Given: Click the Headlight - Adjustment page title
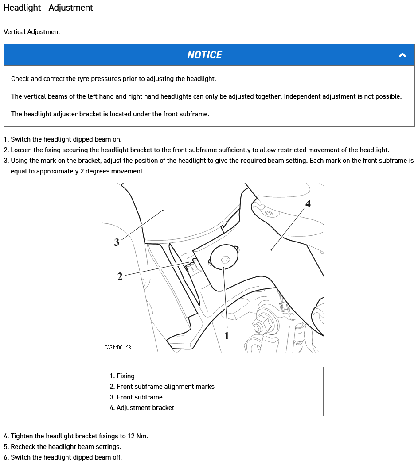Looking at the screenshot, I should pyautogui.click(x=48, y=8).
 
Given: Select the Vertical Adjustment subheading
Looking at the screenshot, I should pyautogui.click(x=32, y=32).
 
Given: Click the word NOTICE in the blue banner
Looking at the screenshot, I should pyautogui.click(x=204, y=55).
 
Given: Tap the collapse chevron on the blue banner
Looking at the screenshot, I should pyautogui.click(x=402, y=55).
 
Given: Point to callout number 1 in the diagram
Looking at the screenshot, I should pyautogui.click(x=227, y=336).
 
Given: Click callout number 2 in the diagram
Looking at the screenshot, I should pyautogui.click(x=120, y=277).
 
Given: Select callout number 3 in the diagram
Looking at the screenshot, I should pyautogui.click(x=117, y=242).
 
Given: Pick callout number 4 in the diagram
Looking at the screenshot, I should pyautogui.click(x=308, y=204).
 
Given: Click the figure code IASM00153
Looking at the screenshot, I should pyautogui.click(x=118, y=347).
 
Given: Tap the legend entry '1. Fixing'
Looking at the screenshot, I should pyautogui.click(x=122, y=376).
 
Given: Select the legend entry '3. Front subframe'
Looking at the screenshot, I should pyautogui.click(x=136, y=397).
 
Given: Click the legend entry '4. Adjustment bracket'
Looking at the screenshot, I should pyautogui.click(x=142, y=408).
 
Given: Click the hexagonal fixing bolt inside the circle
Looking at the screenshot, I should pyautogui.click(x=224, y=259).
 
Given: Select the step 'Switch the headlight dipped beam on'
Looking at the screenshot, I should pyautogui.click(x=66, y=139).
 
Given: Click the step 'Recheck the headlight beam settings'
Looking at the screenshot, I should pyautogui.click(x=66, y=447).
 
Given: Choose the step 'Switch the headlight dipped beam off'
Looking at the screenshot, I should pyautogui.click(x=66, y=457).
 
